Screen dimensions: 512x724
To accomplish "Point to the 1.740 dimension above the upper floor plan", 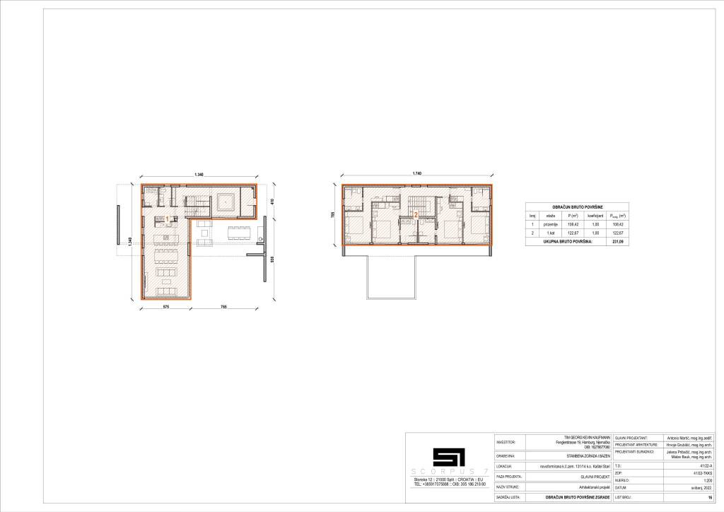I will [x=416, y=175].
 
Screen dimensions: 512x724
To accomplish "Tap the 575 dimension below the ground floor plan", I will [x=167, y=307].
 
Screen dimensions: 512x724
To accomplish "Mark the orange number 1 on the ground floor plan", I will [x=167, y=219].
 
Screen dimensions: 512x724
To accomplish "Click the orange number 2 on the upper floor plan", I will [x=416, y=214].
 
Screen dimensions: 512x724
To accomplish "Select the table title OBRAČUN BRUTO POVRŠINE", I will [x=578, y=206].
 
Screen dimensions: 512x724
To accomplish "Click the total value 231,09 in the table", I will [x=618, y=241].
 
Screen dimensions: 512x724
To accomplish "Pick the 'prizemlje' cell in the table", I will [x=550, y=224].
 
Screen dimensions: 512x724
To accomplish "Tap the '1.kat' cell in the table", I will [x=550, y=233].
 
